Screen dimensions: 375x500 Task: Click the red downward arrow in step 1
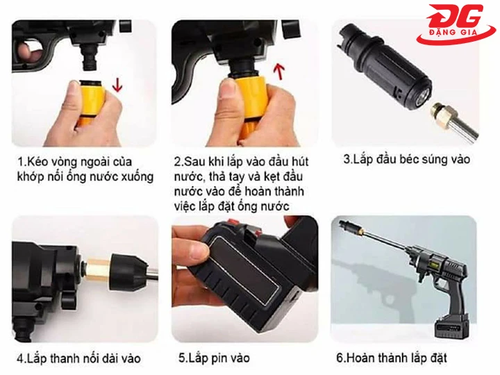coord(117,85)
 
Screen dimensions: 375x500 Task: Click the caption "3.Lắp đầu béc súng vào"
coord(407,160)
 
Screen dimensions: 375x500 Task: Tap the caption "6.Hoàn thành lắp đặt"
coord(391,358)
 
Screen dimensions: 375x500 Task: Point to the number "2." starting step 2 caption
coord(178,161)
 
